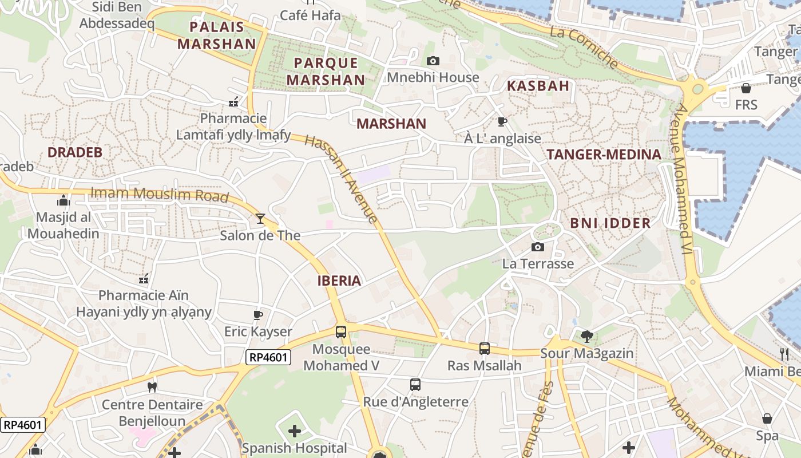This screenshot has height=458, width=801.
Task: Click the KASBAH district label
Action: pos(538,86)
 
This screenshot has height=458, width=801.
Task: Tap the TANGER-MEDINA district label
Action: pos(604,154)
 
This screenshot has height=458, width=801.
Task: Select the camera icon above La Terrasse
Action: pos(537,247)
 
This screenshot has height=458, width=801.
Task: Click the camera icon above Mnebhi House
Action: pos(433,61)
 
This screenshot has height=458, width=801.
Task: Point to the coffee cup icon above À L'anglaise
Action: pos(502,121)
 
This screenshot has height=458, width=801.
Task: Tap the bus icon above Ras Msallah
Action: pos(484,348)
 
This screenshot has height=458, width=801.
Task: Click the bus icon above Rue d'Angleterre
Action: pos(415,385)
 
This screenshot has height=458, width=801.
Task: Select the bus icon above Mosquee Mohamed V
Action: pos(340,332)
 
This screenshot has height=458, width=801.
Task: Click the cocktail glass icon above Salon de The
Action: pos(260,218)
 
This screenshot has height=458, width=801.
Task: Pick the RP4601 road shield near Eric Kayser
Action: pos(269,358)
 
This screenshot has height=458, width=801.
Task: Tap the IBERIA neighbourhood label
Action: pos(339,281)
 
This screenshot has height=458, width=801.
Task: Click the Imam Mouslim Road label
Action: pos(160,194)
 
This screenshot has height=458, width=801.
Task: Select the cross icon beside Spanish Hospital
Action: pos(294,431)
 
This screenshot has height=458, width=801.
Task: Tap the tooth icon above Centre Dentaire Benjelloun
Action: pos(152,387)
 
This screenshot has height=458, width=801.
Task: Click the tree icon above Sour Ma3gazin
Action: pos(586,336)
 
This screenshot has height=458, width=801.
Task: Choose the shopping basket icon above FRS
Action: pos(746,88)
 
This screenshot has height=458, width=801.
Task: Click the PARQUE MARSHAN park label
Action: pos(326,72)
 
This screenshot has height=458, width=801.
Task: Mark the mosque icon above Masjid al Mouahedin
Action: pos(63,200)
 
